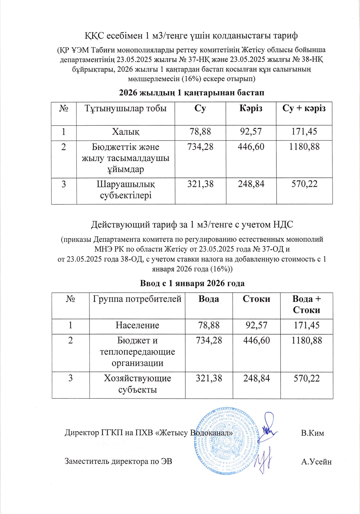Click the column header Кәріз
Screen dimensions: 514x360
(251, 108)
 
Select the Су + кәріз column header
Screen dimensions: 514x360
(304, 108)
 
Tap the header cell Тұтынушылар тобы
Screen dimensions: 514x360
(125, 109)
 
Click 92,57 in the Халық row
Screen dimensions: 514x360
(251, 132)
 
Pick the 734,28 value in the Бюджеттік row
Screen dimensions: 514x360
(200, 147)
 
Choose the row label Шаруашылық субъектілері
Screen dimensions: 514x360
(126, 190)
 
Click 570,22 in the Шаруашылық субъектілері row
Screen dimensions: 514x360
(304, 184)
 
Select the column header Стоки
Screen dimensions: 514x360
(256, 299)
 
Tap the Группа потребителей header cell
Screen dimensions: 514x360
(137, 299)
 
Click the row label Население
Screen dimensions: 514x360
(137, 325)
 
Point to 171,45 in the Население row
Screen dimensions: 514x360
(306, 325)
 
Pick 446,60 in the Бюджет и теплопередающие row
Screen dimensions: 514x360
(256, 340)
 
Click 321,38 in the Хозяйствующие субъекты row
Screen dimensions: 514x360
(209, 378)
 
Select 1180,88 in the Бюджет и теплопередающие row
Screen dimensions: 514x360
(306, 340)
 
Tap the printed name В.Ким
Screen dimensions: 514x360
(312, 433)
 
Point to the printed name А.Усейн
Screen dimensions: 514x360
(316, 462)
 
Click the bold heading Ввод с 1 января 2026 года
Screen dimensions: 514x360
(192, 283)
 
